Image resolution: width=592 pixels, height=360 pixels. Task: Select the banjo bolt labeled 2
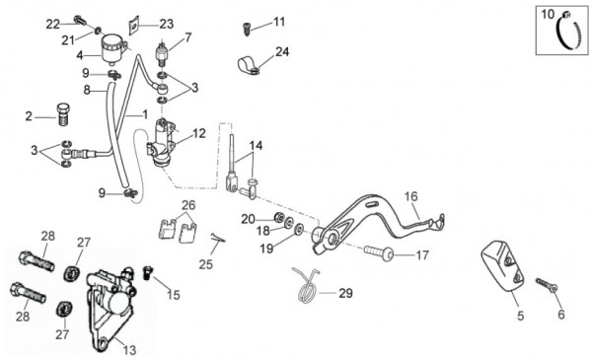(x=63, y=114)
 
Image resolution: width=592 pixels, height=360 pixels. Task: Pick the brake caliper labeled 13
(x=111, y=307)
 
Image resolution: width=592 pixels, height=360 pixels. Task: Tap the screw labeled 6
(x=547, y=284)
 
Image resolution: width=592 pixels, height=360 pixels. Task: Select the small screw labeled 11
(x=246, y=29)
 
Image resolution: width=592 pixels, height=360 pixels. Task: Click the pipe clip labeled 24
(x=249, y=65)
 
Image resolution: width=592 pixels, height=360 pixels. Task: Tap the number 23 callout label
(x=166, y=24)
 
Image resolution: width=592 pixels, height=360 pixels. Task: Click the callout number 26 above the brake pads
(x=188, y=205)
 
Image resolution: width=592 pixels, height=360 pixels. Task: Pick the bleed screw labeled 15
(x=147, y=272)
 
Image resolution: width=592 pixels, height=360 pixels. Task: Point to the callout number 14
(x=256, y=146)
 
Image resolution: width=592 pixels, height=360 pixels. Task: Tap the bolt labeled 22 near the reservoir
(x=81, y=19)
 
